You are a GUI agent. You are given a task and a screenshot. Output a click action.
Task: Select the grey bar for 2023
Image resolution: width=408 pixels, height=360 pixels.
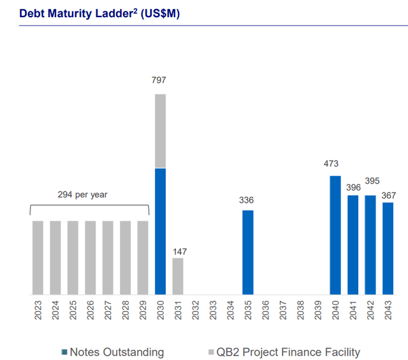tap(38, 257)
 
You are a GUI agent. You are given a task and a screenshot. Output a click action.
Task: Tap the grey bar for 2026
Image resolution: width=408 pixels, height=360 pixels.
tap(91, 257)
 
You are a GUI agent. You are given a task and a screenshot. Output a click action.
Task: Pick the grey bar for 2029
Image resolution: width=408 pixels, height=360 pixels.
tap(143, 257)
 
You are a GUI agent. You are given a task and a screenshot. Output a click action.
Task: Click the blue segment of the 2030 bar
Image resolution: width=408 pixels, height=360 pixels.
tap(160, 231)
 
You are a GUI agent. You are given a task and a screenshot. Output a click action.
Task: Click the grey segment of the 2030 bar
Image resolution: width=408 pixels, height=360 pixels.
tap(160, 131)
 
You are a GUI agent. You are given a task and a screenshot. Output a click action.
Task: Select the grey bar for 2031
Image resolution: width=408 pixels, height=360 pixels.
tap(178, 276)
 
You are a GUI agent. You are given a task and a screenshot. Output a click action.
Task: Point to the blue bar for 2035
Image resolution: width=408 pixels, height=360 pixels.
tap(247, 252)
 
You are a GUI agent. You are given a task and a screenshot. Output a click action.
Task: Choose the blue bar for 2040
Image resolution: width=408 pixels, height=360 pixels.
tap(335, 235)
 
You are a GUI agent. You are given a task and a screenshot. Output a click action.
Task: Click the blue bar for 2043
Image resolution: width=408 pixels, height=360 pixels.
tap(388, 248)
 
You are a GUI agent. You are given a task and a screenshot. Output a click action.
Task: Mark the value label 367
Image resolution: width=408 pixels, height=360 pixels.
tap(389, 192)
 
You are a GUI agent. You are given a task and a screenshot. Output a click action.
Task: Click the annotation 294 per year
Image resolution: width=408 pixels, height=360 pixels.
tap(89, 194)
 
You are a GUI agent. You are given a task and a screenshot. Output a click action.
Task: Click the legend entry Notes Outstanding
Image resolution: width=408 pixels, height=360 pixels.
tap(112, 352)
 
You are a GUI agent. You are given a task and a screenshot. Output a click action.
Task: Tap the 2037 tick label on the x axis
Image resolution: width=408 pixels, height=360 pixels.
tap(282, 310)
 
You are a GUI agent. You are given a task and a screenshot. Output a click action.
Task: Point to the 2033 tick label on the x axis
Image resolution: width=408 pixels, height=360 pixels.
tap(213, 310)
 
